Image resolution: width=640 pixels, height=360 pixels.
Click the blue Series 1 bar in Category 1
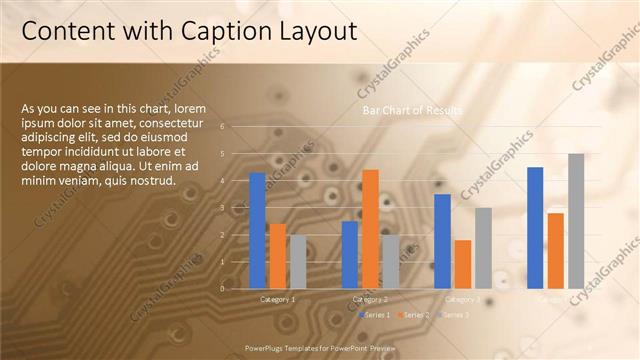click(x=257, y=230)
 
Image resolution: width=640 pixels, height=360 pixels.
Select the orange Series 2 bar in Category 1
click(x=277, y=256)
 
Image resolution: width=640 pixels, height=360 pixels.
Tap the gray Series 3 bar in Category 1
click(x=297, y=261)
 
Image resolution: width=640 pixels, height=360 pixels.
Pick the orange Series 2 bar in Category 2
click(x=370, y=229)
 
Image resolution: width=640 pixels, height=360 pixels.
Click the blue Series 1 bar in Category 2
click(x=350, y=254)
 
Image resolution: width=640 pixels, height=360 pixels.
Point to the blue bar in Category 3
click(x=442, y=241)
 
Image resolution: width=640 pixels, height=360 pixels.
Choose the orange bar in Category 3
click(x=462, y=264)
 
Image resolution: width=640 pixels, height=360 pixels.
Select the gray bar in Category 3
click(x=483, y=248)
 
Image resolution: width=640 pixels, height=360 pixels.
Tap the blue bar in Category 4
click(x=535, y=227)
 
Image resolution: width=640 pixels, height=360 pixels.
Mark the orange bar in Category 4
click(x=555, y=250)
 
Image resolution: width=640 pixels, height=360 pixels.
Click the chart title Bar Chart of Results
click(x=412, y=110)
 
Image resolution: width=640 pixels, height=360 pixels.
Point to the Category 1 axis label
click(x=277, y=299)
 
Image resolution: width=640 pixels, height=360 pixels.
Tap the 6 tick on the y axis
click(x=236, y=127)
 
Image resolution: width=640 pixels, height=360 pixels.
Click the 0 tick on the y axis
click(x=236, y=288)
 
